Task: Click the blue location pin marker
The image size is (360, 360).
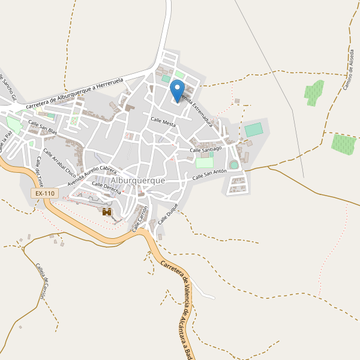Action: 177,91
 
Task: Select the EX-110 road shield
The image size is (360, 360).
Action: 44,193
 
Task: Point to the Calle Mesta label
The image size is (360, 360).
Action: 163,122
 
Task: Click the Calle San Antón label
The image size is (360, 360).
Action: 209,175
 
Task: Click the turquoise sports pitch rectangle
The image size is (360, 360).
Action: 254,130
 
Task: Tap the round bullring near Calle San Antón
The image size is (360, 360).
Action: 233,164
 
